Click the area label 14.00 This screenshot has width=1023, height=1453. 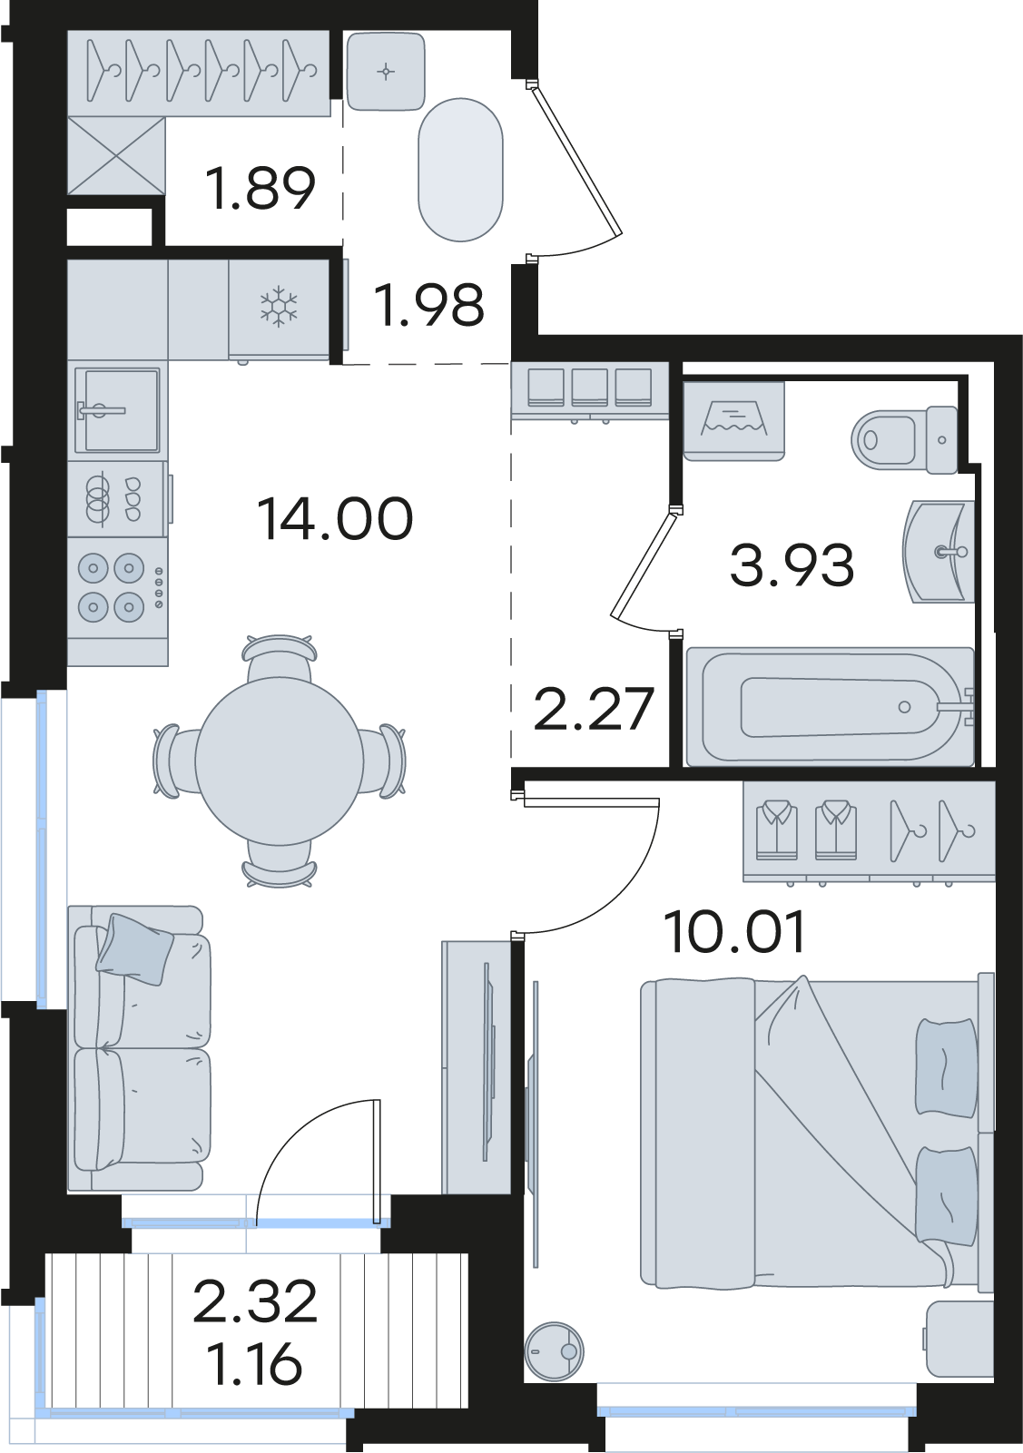click(x=335, y=518)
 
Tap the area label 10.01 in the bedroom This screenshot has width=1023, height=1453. click(x=735, y=931)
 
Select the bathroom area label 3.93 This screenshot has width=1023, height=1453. click(x=792, y=565)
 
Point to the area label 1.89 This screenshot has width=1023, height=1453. click(x=260, y=188)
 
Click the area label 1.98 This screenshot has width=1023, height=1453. click(x=429, y=305)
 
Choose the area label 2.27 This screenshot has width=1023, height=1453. click(x=594, y=709)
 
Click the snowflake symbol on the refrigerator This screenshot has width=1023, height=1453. click(x=279, y=307)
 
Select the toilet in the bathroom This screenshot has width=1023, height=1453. click(x=904, y=440)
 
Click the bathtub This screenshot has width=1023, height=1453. click(x=831, y=706)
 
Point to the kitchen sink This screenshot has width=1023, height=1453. click(x=117, y=409)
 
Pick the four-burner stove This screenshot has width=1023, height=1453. click(x=117, y=588)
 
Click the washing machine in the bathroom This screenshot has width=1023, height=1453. click(x=733, y=421)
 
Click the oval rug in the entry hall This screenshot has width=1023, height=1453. click(x=460, y=170)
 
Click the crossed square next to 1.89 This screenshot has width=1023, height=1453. click(x=116, y=155)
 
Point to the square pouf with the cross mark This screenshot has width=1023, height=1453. click(x=386, y=72)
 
